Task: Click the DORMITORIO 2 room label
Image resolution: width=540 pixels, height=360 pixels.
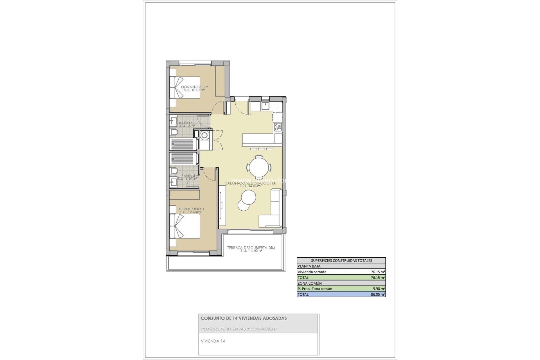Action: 195,87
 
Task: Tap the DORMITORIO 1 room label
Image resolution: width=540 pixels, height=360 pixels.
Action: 191,209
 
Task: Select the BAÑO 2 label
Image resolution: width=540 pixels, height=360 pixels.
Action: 186,123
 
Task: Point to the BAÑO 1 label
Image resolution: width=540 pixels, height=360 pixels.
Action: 188,176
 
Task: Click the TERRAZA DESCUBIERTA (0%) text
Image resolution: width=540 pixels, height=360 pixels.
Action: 251,248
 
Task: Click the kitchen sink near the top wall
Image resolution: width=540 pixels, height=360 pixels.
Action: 265,106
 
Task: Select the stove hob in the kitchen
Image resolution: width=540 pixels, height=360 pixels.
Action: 278,127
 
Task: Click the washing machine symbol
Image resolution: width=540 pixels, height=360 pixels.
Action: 205,136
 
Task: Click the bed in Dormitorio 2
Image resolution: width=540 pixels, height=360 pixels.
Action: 184,87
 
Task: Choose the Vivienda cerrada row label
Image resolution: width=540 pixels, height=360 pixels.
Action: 312,272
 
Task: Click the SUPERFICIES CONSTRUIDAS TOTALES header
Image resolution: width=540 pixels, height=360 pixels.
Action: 341,260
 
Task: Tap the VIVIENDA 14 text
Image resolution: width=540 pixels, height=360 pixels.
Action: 213,341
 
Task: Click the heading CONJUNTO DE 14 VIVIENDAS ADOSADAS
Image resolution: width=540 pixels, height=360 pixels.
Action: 244,318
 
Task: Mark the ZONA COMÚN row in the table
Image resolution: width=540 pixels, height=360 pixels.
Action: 310,283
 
